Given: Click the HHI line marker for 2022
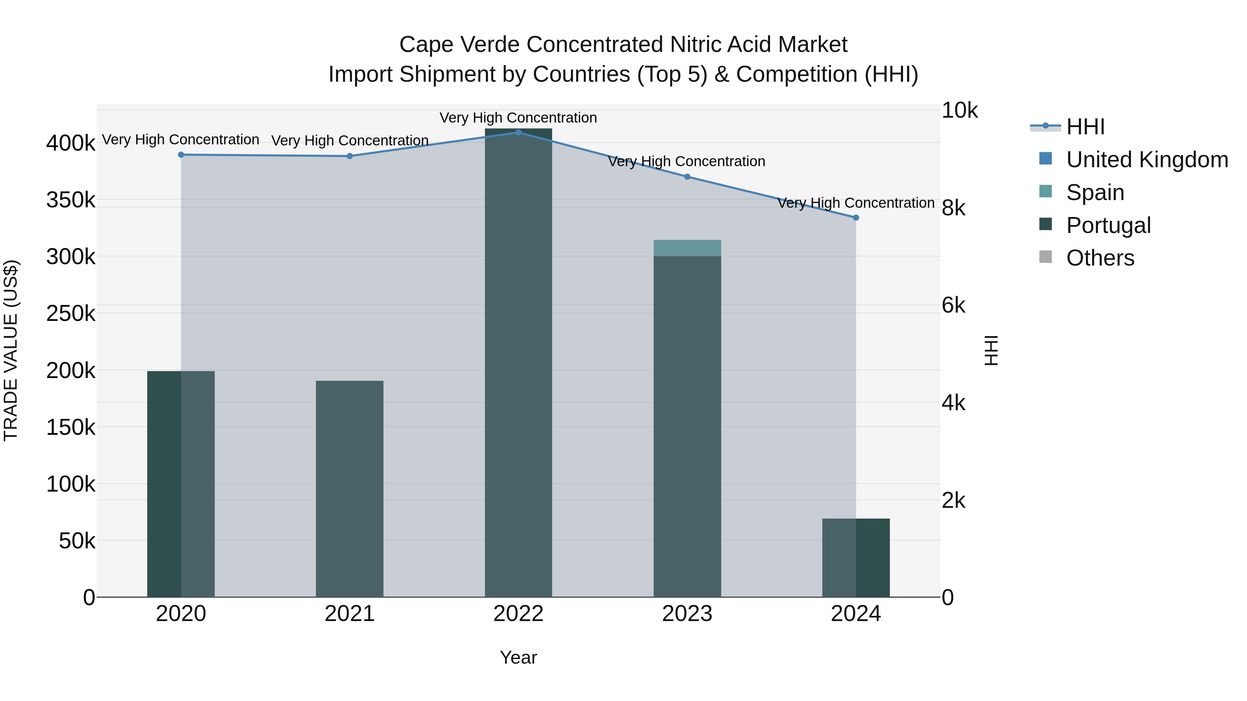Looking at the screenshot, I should point(518,132).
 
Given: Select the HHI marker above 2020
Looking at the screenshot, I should point(181,155).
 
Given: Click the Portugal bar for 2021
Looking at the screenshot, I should point(350,488).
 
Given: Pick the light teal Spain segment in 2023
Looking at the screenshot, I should point(687,248).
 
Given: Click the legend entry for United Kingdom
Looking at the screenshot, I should point(1146,160).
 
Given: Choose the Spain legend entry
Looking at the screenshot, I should point(1095,192).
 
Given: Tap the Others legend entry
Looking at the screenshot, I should point(1100,258).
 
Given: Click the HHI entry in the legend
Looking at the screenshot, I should point(1085,127).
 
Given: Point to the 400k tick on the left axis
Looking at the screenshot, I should point(71,143).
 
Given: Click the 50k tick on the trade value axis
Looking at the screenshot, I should point(77,541).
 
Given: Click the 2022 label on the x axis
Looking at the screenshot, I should point(518,614).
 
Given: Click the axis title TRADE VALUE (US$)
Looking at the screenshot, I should point(11,350).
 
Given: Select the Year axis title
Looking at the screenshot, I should point(518,657).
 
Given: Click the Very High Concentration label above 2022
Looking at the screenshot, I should point(518,118).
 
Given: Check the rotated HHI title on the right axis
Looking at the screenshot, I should point(991,350).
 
